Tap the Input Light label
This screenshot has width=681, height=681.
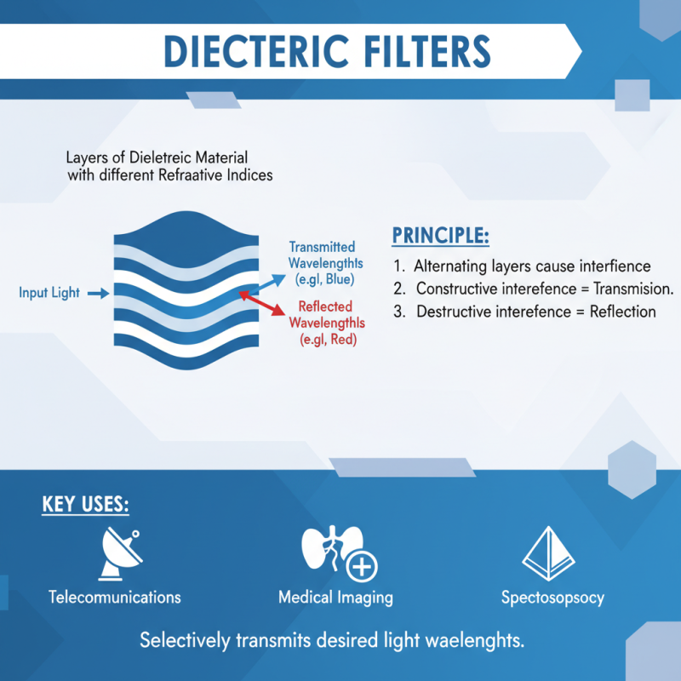49,293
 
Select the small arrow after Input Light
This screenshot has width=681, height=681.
98,293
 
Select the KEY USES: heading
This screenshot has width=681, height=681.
85,504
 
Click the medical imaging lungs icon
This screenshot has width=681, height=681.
328,552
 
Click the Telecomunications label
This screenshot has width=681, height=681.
115,597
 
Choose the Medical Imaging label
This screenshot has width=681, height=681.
335,597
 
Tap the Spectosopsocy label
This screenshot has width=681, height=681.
553,597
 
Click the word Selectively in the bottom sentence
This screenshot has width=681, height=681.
180,640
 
